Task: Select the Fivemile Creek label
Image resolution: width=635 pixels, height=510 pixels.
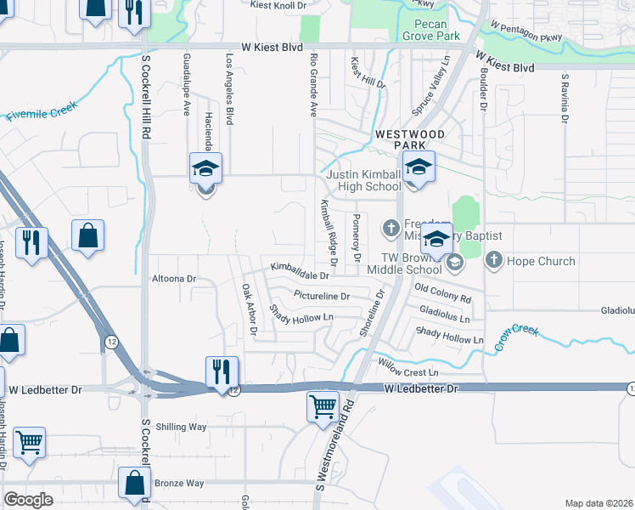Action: (x=42, y=110)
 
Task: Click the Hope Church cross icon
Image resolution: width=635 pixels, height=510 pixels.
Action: (x=494, y=262)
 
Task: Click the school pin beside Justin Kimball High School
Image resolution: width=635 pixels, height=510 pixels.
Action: (x=418, y=168)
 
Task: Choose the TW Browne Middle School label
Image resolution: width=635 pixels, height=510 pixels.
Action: (x=401, y=262)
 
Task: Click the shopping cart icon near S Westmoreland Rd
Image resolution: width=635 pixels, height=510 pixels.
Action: (x=323, y=406)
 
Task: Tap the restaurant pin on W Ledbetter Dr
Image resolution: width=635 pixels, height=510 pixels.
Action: (x=221, y=371)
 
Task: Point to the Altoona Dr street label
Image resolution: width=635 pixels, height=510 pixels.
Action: (x=173, y=278)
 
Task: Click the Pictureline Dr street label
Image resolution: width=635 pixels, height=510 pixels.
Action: (x=322, y=296)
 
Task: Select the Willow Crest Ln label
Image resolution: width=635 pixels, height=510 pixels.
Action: (x=408, y=372)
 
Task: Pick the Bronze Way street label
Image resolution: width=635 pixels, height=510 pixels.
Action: (x=179, y=483)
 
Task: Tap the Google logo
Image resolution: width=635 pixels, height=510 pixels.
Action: (x=29, y=500)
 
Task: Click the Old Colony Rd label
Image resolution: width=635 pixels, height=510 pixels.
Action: (x=442, y=293)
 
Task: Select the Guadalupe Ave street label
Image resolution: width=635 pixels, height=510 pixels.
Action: (x=186, y=84)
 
